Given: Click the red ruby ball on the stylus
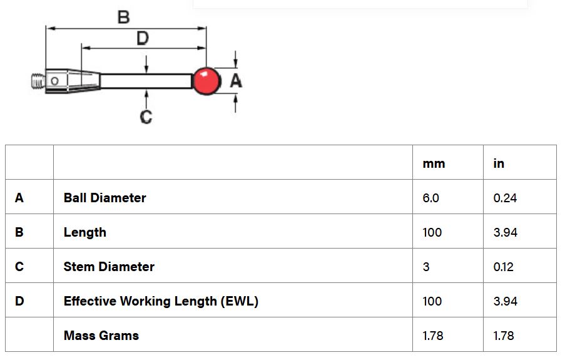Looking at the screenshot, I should coord(206,81).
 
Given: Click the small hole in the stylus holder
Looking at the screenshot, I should coord(55,81).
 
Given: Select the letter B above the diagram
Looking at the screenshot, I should coord(124,17).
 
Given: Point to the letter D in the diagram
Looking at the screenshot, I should coord(143,39).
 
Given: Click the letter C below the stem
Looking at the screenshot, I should coord(146,116).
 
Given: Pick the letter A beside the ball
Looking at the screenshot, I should coord(236,81).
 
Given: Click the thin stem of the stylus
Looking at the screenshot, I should coord(147,81).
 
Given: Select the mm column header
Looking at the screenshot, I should coord(434,163).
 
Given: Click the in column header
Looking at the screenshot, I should coord(499,163).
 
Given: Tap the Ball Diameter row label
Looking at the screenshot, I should coord(104,198).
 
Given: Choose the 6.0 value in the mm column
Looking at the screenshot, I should coord(431,198).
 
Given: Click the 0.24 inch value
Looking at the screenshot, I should coord(505,198).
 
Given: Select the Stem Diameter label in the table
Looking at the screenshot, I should coord(109,267).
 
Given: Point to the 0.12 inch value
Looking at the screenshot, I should coord(504,267).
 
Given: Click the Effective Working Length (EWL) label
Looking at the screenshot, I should coord(161,301).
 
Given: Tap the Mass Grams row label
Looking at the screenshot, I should coord(101,336).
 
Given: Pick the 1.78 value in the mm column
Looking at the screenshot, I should coord(433,336).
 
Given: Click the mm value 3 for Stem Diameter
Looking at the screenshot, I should coord(426,267).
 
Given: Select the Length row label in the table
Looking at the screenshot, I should coord(85,232).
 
